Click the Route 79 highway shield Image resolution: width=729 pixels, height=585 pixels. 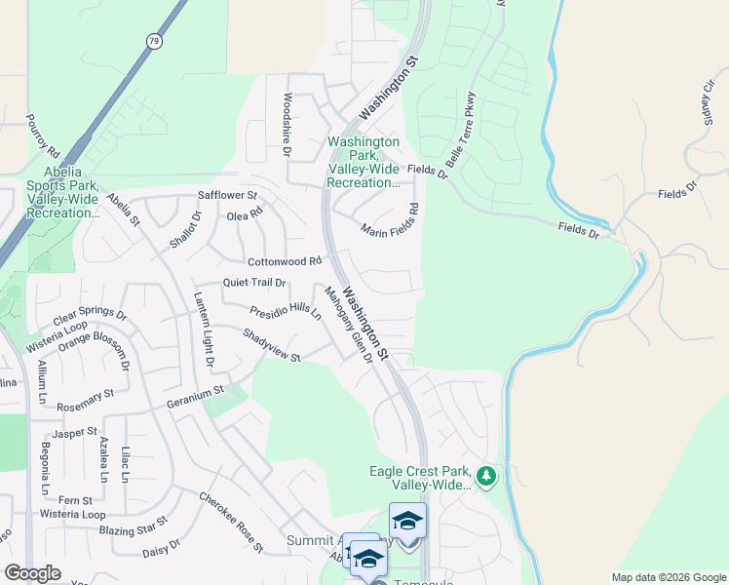click(x=154, y=41)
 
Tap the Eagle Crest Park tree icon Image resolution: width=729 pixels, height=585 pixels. click(x=486, y=477)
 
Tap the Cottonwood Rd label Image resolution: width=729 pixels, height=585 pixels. click(x=285, y=261)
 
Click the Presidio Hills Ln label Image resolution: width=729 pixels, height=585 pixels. click(x=286, y=312)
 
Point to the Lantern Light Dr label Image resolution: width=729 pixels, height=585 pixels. click(x=204, y=331)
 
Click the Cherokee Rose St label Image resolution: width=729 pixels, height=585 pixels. click(x=231, y=523)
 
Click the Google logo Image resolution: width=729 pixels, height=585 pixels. click(x=32, y=573)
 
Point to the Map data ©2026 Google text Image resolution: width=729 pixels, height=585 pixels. click(x=668, y=577)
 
